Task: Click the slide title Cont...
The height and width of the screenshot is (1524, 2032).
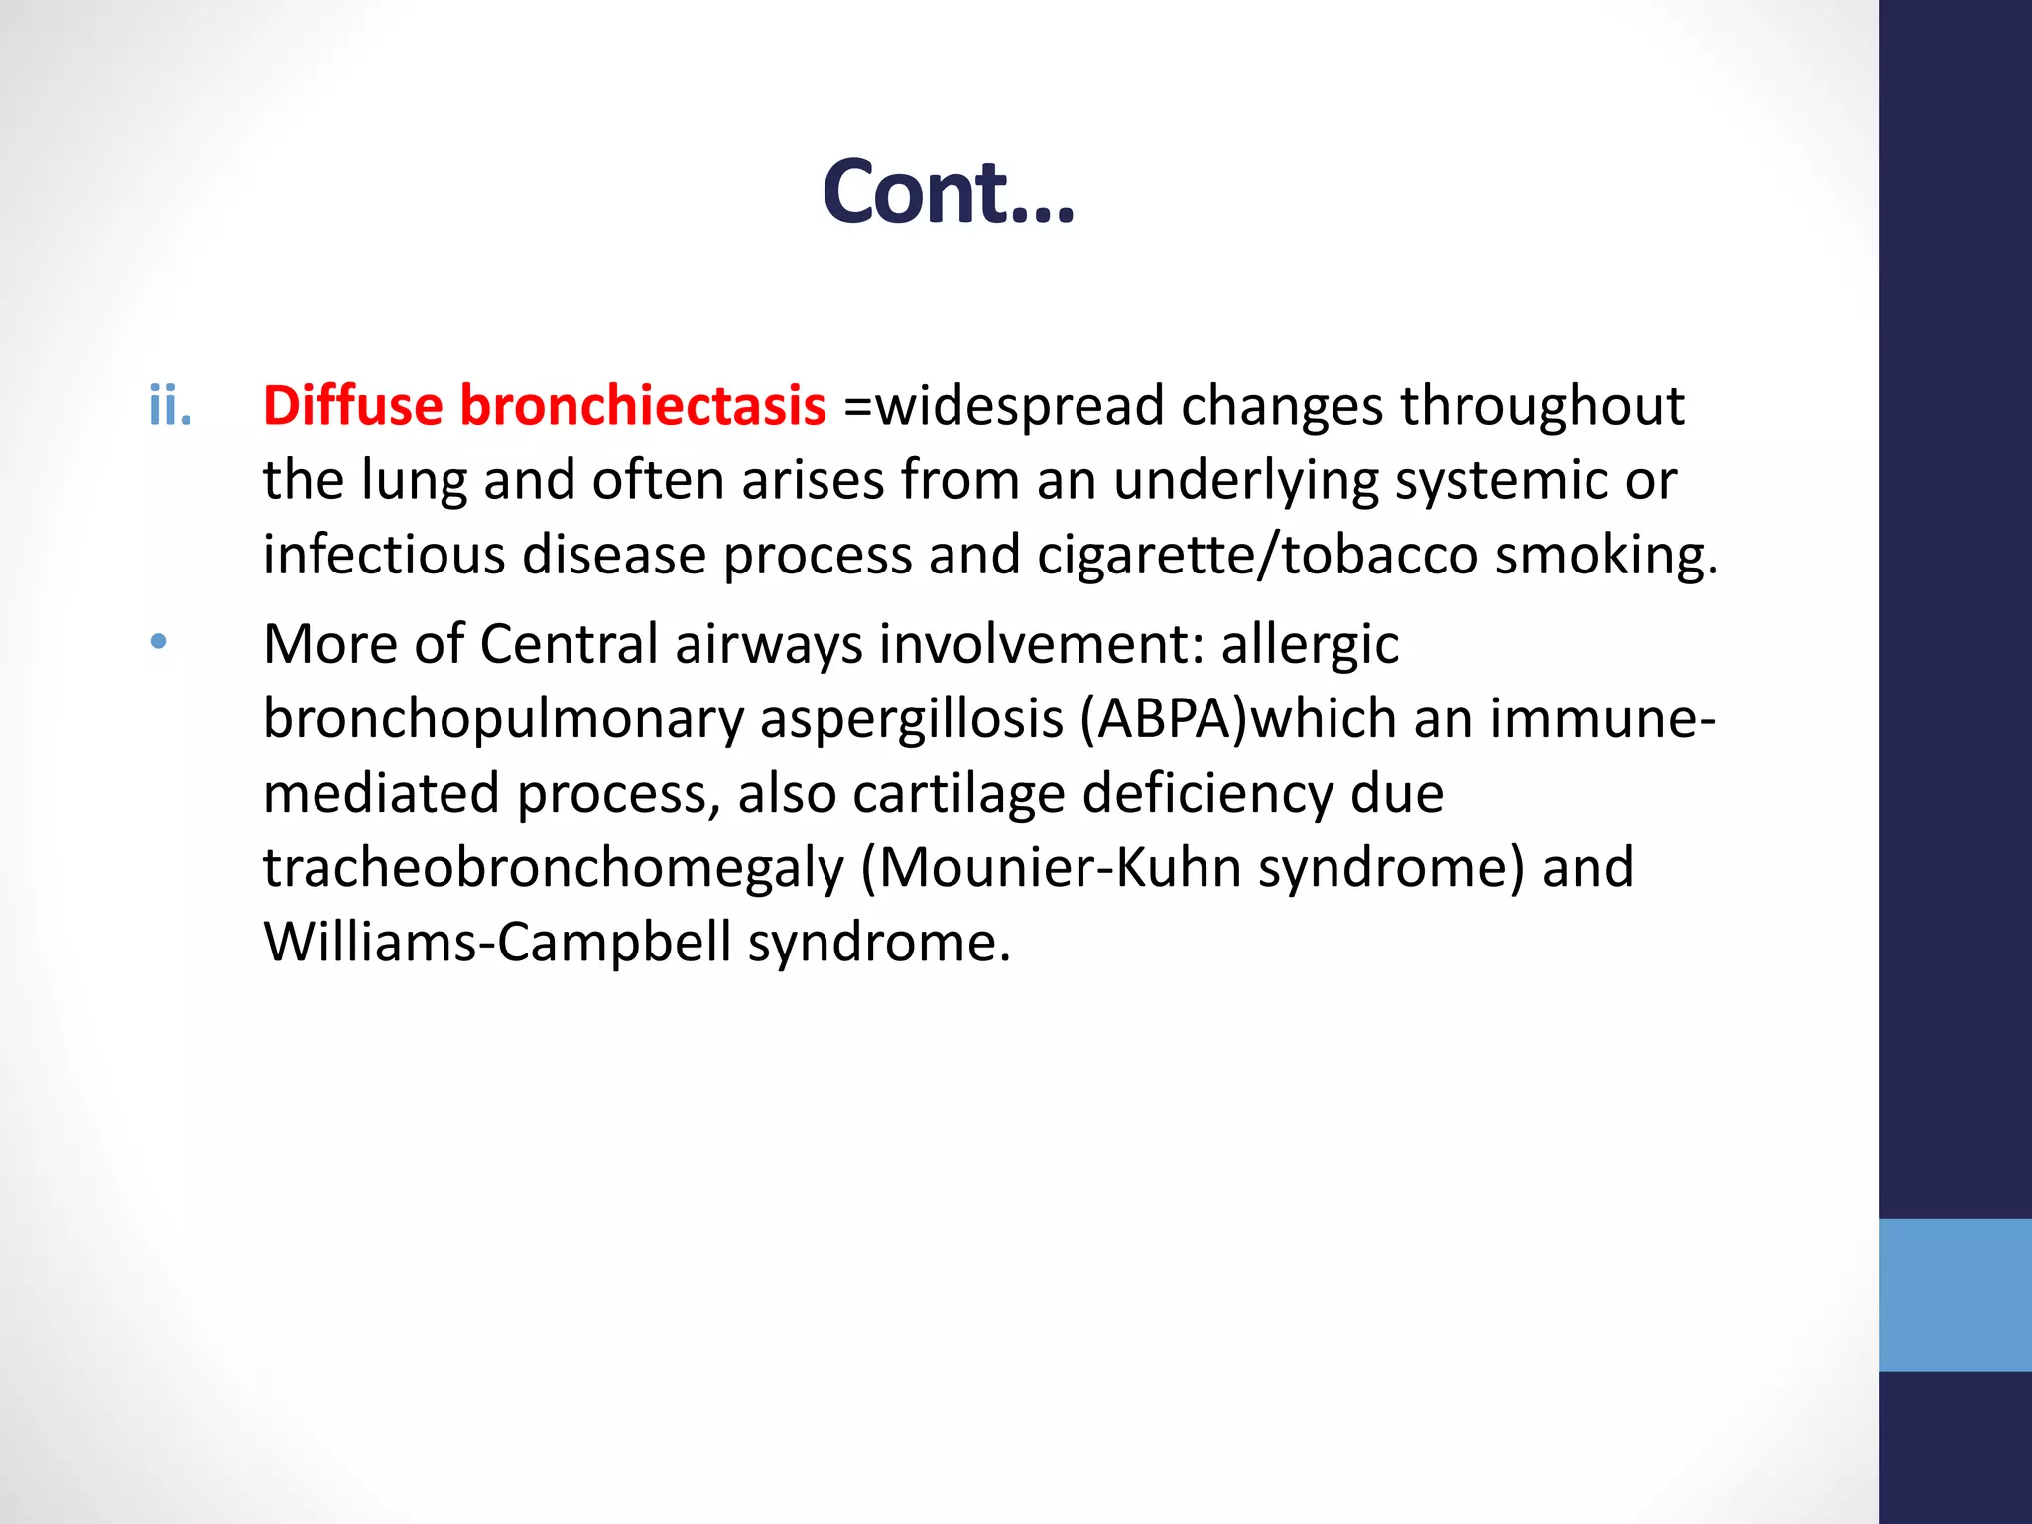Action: [948, 191]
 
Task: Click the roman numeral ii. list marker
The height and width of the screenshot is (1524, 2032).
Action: [170, 406]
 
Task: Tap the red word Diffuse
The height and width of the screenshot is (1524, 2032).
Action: [352, 406]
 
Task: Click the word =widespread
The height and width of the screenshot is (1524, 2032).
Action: [1003, 406]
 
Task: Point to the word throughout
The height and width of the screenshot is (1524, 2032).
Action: [1542, 406]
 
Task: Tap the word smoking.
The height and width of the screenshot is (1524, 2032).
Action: [1606, 555]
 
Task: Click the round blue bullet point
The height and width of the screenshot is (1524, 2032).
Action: [159, 642]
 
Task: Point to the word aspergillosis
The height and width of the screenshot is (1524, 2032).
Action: [912, 719]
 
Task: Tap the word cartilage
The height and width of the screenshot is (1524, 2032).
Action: [958, 794]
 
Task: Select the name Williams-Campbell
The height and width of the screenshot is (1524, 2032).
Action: [498, 942]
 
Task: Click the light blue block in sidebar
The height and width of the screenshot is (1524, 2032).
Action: [1955, 1295]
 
